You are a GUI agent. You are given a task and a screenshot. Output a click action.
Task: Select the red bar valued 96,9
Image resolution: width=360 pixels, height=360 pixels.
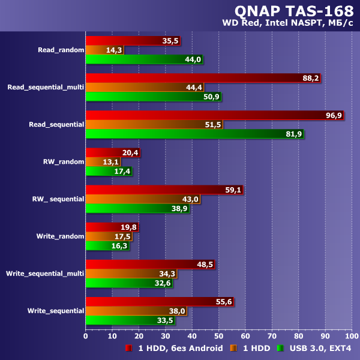[x=214, y=115]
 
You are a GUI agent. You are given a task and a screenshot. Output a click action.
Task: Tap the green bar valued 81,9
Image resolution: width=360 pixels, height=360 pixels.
[x=194, y=134]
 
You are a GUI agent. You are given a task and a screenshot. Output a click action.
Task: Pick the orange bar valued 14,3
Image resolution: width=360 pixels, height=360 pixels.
[x=104, y=50]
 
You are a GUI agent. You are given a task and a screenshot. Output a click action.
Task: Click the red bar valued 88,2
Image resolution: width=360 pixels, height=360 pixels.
[x=203, y=78]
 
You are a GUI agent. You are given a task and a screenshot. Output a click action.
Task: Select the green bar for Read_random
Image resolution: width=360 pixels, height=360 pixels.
[x=144, y=59]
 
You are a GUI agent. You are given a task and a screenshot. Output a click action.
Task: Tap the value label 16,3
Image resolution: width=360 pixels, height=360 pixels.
[x=120, y=245]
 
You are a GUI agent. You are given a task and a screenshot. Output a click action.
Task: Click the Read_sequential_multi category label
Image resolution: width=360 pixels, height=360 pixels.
[x=46, y=87]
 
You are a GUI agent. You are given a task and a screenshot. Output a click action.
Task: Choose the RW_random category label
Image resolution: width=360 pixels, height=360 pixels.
[x=64, y=161]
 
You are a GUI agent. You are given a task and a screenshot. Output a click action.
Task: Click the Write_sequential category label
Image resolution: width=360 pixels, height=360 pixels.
[x=56, y=310]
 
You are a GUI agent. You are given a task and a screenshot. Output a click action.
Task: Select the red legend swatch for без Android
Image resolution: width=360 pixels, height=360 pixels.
[x=128, y=348]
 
